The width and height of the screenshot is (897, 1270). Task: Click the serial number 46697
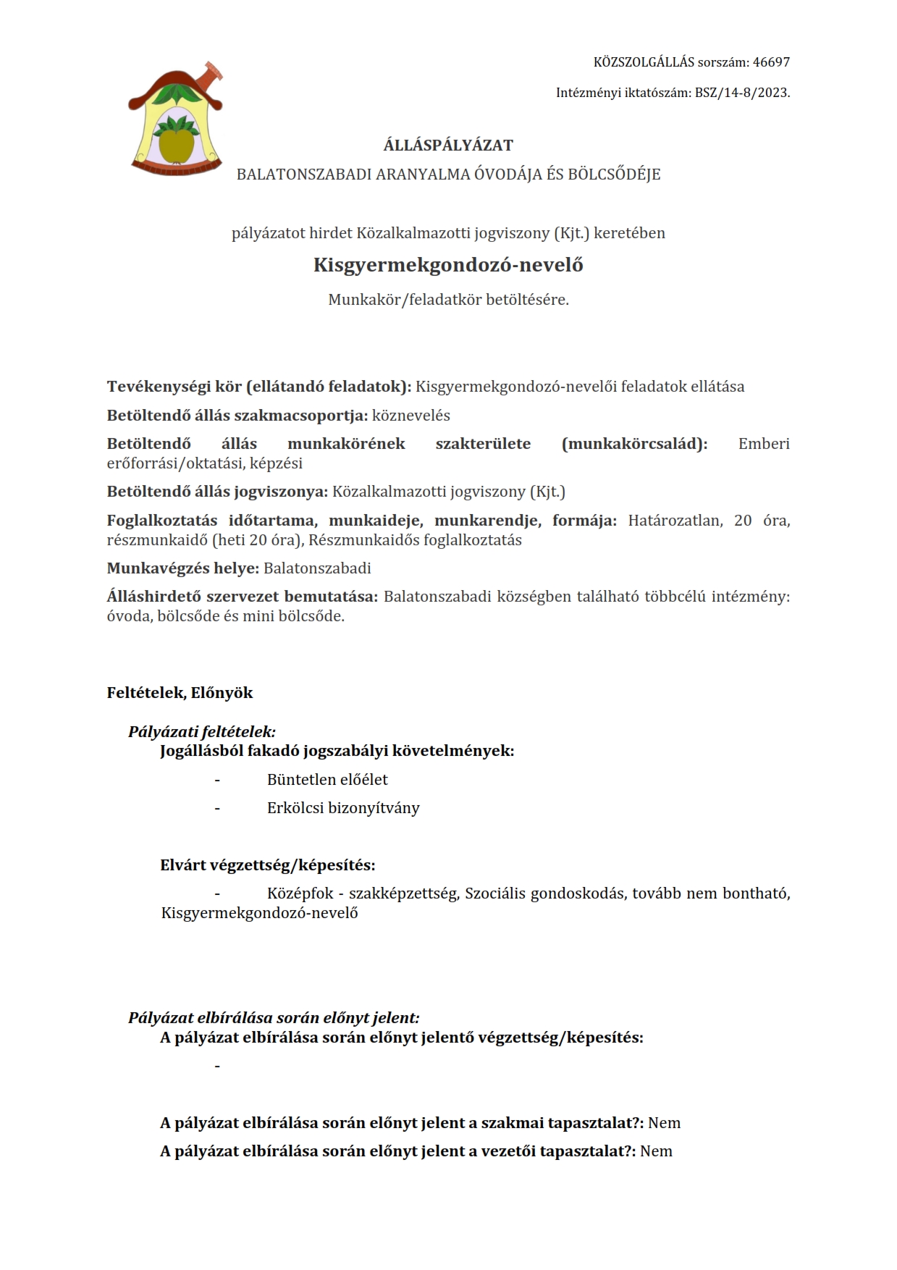[771, 62]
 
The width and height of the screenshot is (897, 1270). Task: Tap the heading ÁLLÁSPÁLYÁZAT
[448, 145]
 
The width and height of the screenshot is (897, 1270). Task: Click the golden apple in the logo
[176, 143]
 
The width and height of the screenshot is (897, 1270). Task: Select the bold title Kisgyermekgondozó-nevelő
[448, 265]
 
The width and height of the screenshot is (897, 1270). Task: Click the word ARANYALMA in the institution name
[421, 174]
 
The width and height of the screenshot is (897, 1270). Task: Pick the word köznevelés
[411, 416]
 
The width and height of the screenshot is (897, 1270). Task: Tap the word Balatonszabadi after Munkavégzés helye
[317, 568]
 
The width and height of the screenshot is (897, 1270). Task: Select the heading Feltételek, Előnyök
[180, 693]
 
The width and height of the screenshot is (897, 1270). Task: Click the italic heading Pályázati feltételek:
[202, 731]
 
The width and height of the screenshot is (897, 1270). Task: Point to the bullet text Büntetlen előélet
[327, 780]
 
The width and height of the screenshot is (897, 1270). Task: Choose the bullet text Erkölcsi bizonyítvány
[343, 808]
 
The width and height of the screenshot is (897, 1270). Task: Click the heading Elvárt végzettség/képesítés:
[267, 865]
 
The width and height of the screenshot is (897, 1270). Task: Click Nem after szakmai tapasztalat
[665, 1123]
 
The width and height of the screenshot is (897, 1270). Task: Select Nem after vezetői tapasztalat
[657, 1151]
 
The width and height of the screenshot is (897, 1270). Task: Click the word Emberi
[764, 444]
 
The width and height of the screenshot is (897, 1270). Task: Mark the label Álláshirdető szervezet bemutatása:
[243, 597]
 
